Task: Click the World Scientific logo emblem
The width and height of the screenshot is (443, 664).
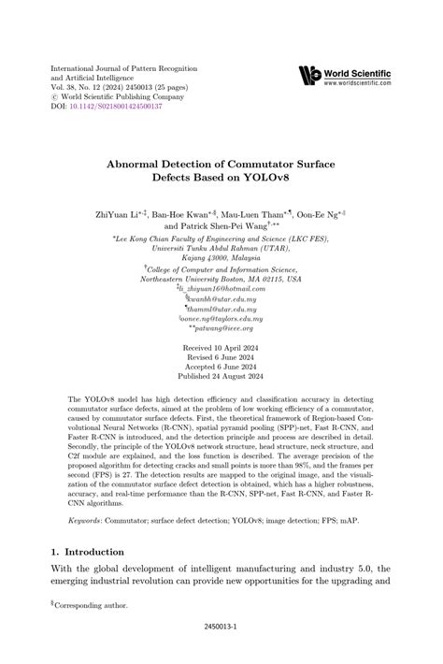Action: coord(308,75)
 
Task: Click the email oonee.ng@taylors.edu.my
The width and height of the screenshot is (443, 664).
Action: coord(221,292)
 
